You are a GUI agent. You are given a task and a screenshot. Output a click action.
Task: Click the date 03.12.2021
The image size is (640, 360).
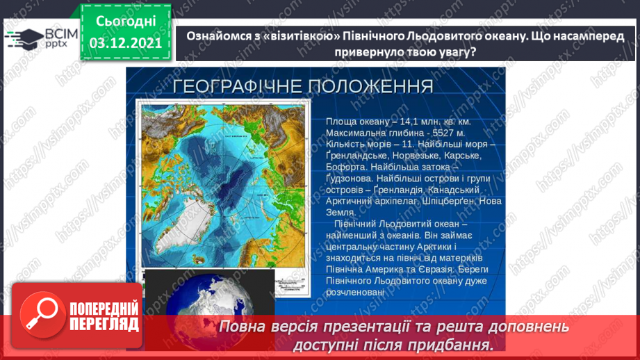(x=126, y=43)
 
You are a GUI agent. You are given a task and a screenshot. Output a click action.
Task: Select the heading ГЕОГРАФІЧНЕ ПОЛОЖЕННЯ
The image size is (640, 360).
(x=302, y=86)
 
